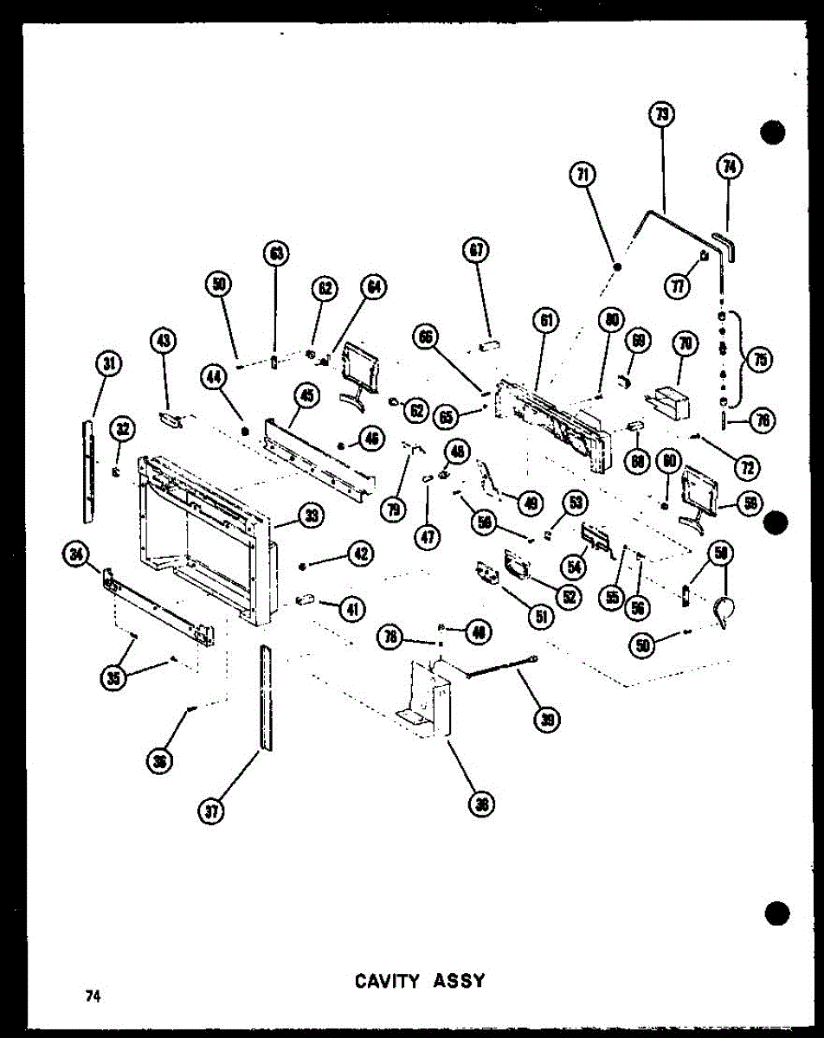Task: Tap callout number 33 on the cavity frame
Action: pos(309,516)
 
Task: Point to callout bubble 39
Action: pos(547,719)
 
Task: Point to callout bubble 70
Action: pos(686,345)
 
